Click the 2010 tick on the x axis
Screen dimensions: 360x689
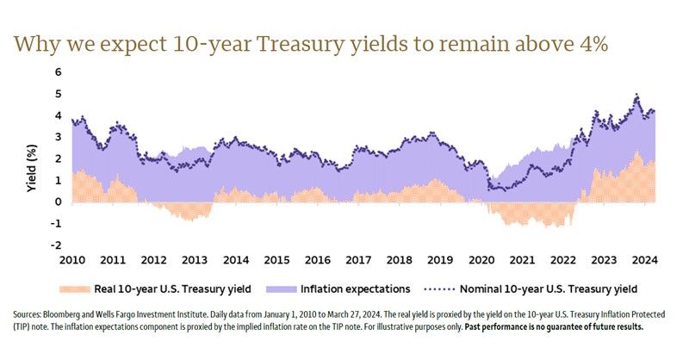[x=72, y=259]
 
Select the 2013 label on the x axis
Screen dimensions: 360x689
[x=195, y=259]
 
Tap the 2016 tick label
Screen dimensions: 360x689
[x=317, y=259]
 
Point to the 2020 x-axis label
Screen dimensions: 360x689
[x=481, y=259]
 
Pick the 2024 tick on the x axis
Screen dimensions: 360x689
[x=643, y=259]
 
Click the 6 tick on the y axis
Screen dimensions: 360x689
[x=59, y=72]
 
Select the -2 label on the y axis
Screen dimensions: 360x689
[x=56, y=245]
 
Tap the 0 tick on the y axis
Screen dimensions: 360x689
[x=59, y=202]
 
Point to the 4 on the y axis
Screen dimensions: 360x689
[x=59, y=115]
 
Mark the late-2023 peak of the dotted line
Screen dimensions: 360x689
[x=636, y=95]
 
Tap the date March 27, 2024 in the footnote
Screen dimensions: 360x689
[x=453, y=314]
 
